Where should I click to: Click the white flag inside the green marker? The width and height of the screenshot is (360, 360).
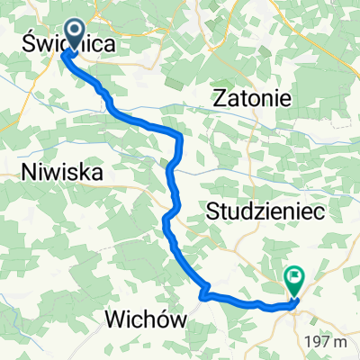(292, 279)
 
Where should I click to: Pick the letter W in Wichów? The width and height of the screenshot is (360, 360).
(116, 319)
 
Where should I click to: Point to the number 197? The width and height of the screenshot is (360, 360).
(318, 342)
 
